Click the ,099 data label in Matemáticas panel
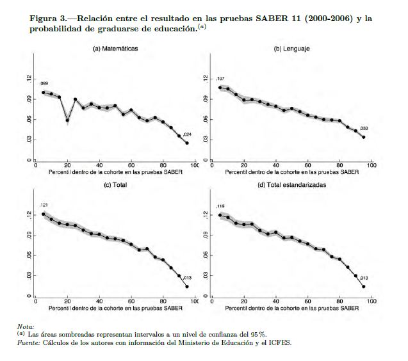(44, 84)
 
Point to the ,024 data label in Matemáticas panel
(187, 134)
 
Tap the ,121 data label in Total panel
(44, 205)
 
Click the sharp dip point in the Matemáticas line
(67, 120)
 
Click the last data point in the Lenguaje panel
(364, 137)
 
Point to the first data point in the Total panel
(43, 214)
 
